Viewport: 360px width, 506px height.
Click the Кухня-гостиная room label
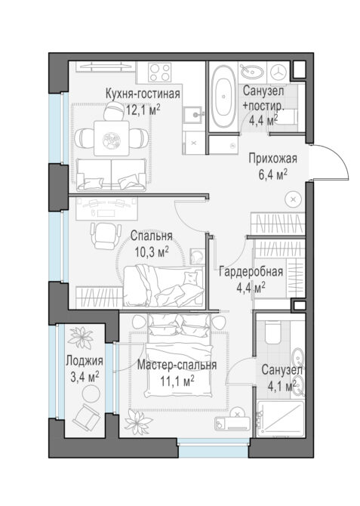tap(143, 94)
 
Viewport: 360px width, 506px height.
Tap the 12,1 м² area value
tap(143, 110)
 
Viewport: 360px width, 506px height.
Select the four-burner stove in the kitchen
tap(159, 73)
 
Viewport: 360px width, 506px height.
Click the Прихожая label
tap(272, 159)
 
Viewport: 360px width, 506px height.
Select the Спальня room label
tap(151, 236)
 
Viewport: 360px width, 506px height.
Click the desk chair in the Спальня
tap(105, 235)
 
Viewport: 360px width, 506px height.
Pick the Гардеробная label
tap(251, 272)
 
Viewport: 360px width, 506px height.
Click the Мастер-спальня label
tap(177, 365)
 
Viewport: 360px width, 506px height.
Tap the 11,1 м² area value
tap(177, 381)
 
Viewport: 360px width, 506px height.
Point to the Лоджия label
tap(85, 361)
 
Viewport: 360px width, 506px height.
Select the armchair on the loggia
tap(86, 418)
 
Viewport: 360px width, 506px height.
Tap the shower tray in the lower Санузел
tap(281, 418)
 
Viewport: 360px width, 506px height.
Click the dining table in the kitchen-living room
tap(112, 138)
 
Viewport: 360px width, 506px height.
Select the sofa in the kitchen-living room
tap(111, 174)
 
